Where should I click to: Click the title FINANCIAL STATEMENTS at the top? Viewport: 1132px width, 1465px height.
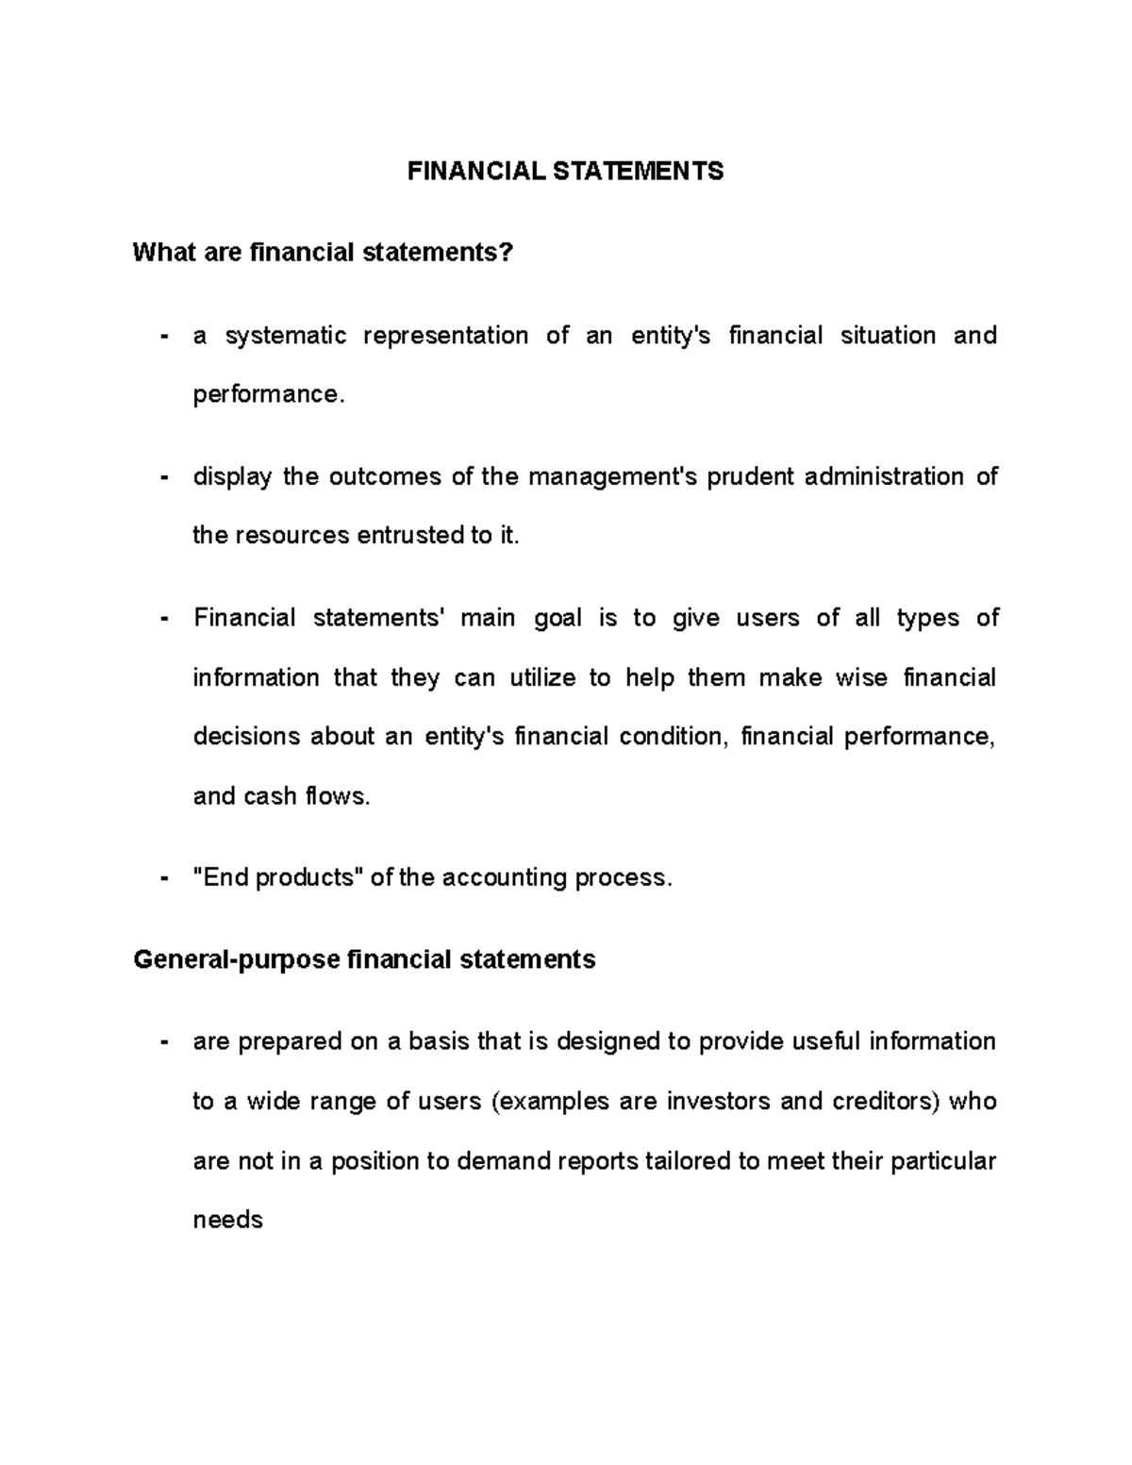coord(565,171)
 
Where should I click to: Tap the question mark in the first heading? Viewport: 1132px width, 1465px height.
coord(508,253)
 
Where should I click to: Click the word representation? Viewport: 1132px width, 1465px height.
coord(445,336)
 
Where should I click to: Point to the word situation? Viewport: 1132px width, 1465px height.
coord(888,336)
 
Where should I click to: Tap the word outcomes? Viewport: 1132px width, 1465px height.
coord(386,477)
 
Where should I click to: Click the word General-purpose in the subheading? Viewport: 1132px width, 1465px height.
coord(236,960)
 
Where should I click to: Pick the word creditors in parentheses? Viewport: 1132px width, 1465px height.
coord(885,1102)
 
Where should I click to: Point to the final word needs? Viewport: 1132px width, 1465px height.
coord(227,1221)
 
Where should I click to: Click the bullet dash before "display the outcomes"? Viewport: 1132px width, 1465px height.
coord(165,477)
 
